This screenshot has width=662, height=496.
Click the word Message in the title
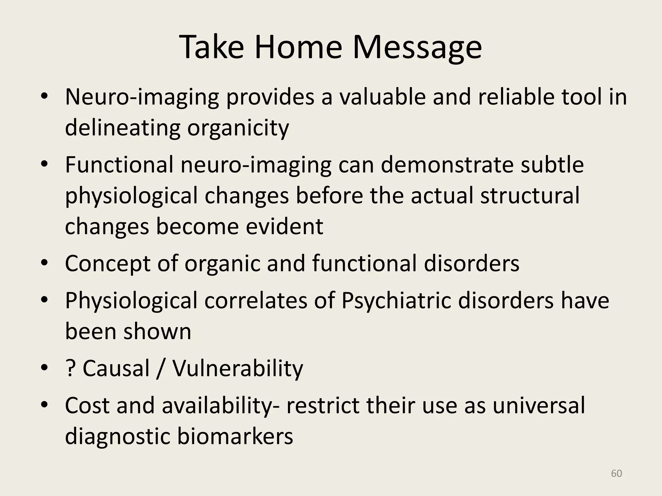[x=417, y=47]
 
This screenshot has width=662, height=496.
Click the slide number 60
[x=616, y=473]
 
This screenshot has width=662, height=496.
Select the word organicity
[x=238, y=128]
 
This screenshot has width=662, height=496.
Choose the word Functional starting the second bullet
[x=119, y=165]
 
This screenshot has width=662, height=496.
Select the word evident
[x=284, y=226]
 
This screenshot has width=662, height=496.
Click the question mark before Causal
[x=69, y=368]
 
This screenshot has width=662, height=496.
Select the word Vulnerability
[x=238, y=368]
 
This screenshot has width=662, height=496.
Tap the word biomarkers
[x=235, y=436]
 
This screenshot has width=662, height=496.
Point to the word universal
[x=539, y=406]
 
